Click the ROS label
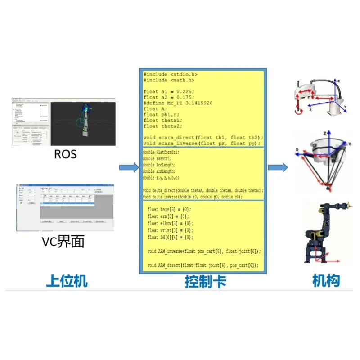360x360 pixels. tap(65, 154)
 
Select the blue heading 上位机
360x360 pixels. tap(67, 281)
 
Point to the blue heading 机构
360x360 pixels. tap(326, 281)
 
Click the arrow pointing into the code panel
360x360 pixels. tap(129, 168)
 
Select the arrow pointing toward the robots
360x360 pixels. tap(277, 168)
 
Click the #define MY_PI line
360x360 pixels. tap(178, 103)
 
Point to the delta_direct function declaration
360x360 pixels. tap(203, 191)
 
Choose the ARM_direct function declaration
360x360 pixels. tap(203, 265)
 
